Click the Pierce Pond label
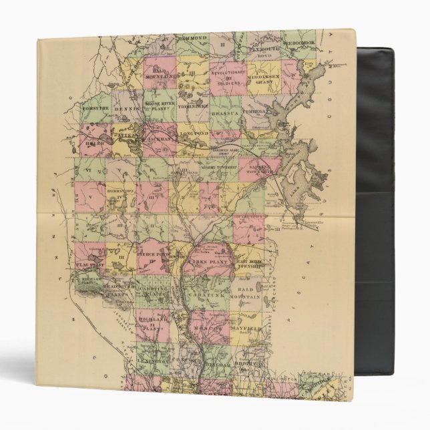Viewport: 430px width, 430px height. tap(152, 254)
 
